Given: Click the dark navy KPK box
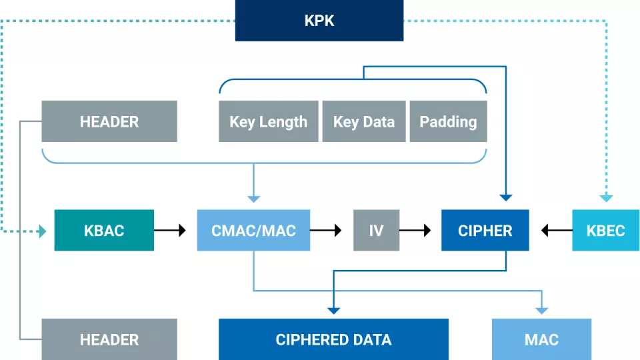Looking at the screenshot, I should pyautogui.click(x=319, y=21).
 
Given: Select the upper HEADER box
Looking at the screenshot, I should pyautogui.click(x=109, y=121).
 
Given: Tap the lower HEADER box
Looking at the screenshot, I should pyautogui.click(x=109, y=339).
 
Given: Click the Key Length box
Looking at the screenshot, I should pyautogui.click(x=268, y=121).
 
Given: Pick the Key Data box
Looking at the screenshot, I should pyautogui.click(x=363, y=121).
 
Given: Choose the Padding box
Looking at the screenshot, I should pyautogui.click(x=448, y=121).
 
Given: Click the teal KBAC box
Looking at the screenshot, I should pyautogui.click(x=104, y=231).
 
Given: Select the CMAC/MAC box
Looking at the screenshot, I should pyautogui.click(x=253, y=231).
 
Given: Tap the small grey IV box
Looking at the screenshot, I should pyautogui.click(x=376, y=231).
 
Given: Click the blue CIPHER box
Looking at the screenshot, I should pyautogui.click(x=485, y=231).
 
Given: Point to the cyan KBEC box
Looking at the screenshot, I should pyautogui.click(x=605, y=231).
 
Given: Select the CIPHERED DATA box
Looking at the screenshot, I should pyautogui.click(x=333, y=339).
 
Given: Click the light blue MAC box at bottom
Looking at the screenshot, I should pyautogui.click(x=541, y=339).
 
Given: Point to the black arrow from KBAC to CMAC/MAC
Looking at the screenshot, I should pyautogui.click(x=171, y=231).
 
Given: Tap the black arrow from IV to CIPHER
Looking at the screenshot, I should pyautogui.click(x=415, y=231).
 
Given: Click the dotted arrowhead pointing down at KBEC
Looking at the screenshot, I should pyautogui.click(x=605, y=198).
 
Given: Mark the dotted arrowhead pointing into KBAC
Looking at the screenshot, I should pyautogui.click(x=43, y=231).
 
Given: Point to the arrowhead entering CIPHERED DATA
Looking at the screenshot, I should pyautogui.click(x=333, y=309).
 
